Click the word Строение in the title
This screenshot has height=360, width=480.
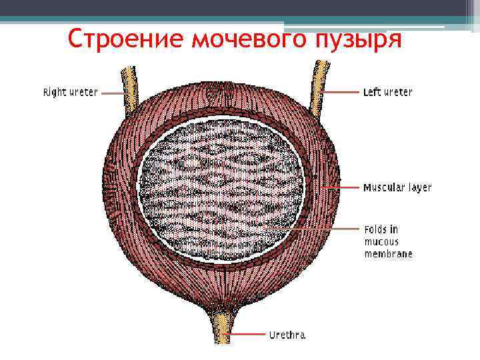[x=125, y=40]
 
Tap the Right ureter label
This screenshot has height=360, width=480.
[x=70, y=93]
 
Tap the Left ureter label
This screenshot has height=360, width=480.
[x=387, y=92]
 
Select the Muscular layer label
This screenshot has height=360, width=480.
[x=397, y=188]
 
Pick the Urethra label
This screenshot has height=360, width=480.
[x=287, y=335]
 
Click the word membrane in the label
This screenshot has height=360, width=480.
[x=388, y=253]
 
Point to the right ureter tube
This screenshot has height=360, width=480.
[x=127, y=83]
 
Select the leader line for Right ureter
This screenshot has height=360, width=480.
[x=112, y=93]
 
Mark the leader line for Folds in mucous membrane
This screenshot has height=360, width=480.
[x=313, y=229]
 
